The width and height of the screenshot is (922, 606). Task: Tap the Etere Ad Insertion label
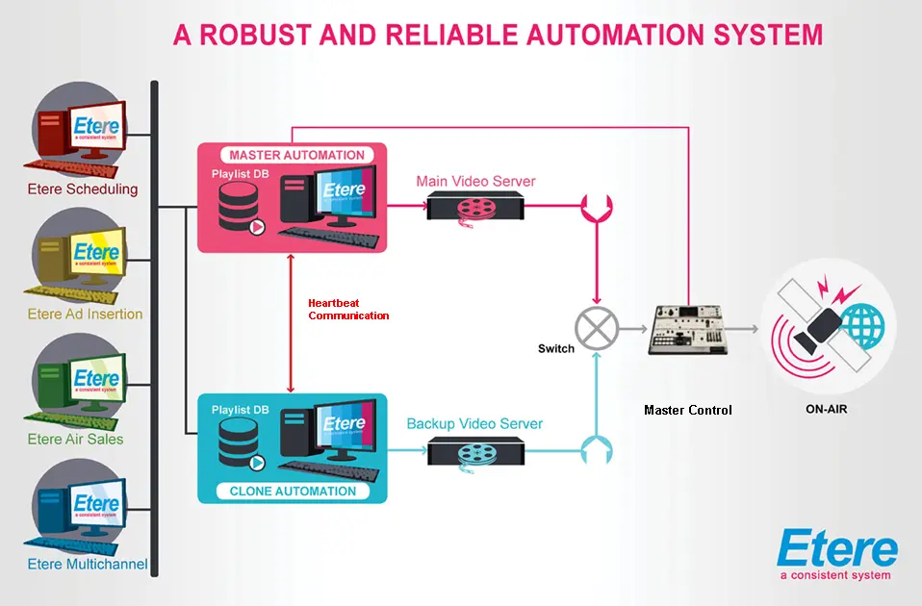pyautogui.click(x=85, y=314)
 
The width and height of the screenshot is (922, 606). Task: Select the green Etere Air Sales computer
pyautogui.click(x=85, y=385)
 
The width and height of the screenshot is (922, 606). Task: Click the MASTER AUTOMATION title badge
pyautogui.click(x=296, y=155)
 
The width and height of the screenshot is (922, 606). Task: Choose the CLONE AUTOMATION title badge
pyautogui.click(x=293, y=491)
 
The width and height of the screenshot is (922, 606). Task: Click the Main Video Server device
pyautogui.click(x=474, y=207)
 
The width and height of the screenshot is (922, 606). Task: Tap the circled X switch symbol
pyautogui.click(x=597, y=329)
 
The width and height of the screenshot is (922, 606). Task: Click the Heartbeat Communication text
pyautogui.click(x=348, y=309)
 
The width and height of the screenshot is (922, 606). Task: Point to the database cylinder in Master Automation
pyautogui.click(x=240, y=205)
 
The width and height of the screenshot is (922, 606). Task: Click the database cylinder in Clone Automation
pyautogui.click(x=240, y=444)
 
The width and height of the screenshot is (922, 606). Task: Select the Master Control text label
pyautogui.click(x=687, y=410)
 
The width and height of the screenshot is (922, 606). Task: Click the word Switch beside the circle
pyautogui.click(x=556, y=348)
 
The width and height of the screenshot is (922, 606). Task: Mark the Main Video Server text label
pyautogui.click(x=475, y=181)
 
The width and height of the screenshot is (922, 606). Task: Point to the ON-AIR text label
pyautogui.click(x=827, y=409)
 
